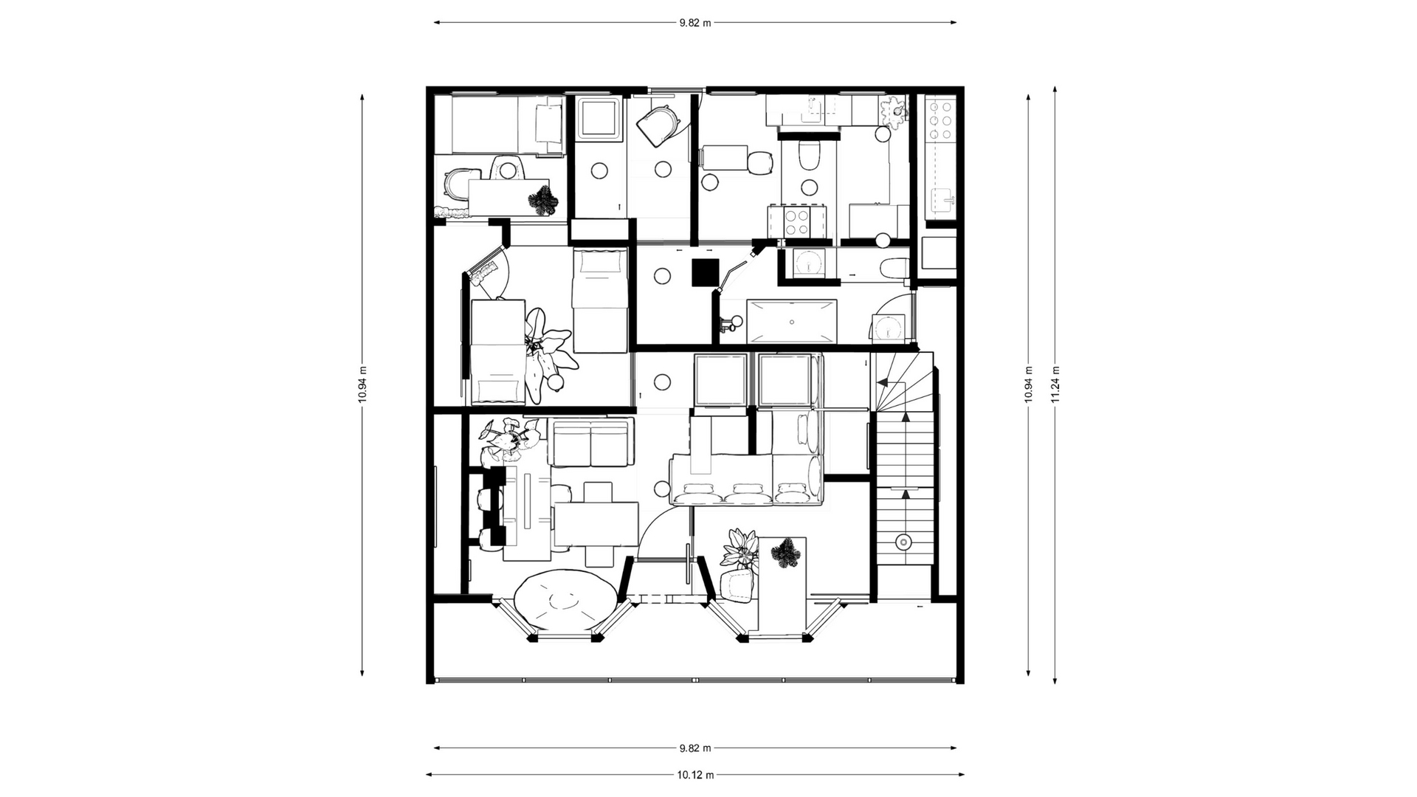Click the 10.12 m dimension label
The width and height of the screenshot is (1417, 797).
tap(695, 775)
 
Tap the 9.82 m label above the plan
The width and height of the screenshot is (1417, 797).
tap(695, 22)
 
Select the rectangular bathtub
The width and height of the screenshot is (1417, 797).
tap(792, 321)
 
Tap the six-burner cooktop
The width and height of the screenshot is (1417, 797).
tap(940, 118)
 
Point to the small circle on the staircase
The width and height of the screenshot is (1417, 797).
tap(903, 542)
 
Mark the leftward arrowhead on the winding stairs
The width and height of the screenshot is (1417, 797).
tap(881, 381)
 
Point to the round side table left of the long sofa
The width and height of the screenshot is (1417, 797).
tap(661, 488)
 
